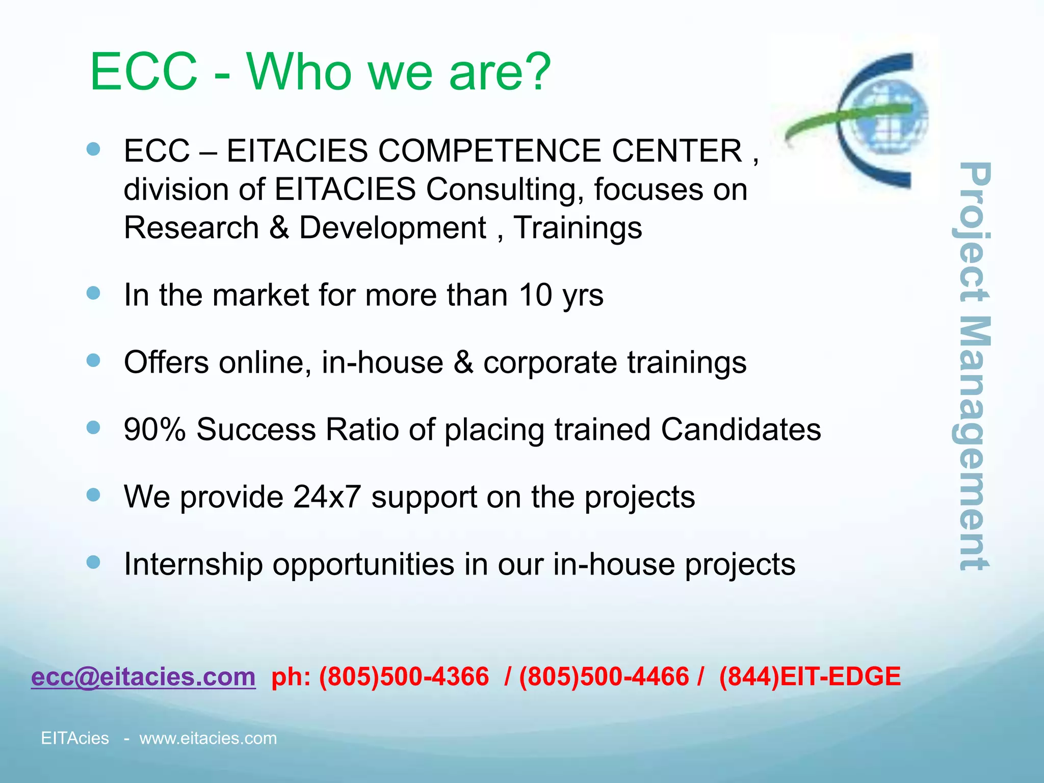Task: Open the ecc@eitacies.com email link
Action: click(143, 677)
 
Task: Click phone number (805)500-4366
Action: click(404, 677)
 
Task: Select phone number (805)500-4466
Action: click(604, 677)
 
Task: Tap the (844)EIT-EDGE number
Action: click(810, 677)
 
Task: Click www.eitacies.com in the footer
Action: click(208, 738)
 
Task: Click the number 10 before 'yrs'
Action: click(535, 295)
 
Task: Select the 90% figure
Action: click(155, 429)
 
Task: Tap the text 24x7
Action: click(327, 497)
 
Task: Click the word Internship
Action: click(193, 564)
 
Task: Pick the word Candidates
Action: click(741, 429)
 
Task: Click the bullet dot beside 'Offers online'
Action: click(93, 361)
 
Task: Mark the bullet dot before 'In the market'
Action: click(93, 293)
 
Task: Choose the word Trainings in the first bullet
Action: click(577, 227)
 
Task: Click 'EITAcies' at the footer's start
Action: click(75, 738)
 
